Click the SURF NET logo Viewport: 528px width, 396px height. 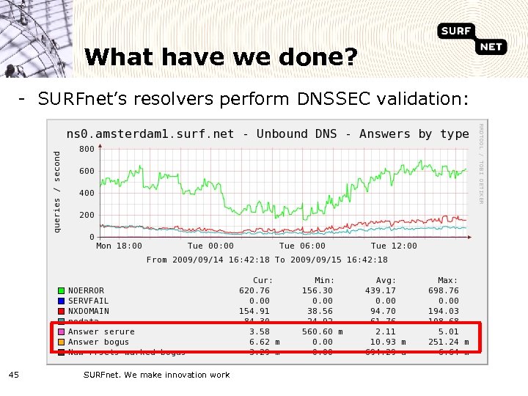pyautogui.click(x=473, y=38)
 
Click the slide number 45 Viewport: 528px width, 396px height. pyautogui.click(x=14, y=375)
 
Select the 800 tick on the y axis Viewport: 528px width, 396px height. pyautogui.click(x=87, y=149)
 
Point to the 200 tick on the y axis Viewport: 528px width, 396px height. pyautogui.click(x=87, y=215)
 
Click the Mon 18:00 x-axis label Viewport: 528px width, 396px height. pyautogui.click(x=120, y=246)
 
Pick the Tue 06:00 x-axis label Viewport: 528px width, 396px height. pyautogui.click(x=302, y=246)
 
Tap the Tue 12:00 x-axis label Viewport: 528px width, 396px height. pyautogui.click(x=394, y=246)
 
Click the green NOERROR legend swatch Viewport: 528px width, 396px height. pyautogui.click(x=62, y=291)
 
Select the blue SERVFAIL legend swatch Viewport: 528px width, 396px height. pyautogui.click(x=62, y=301)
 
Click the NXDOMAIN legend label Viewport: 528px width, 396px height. pyautogui.click(x=89, y=312)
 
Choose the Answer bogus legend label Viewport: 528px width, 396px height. pyautogui.click(x=98, y=342)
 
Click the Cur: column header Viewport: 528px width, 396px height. pyautogui.click(x=263, y=281)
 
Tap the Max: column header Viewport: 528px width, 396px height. pyautogui.click(x=447, y=281)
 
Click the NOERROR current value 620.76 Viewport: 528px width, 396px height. pyautogui.click(x=254, y=291)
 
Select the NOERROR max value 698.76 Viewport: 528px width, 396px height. pyautogui.click(x=444, y=291)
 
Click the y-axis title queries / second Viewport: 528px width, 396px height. pyautogui.click(x=58, y=191)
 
